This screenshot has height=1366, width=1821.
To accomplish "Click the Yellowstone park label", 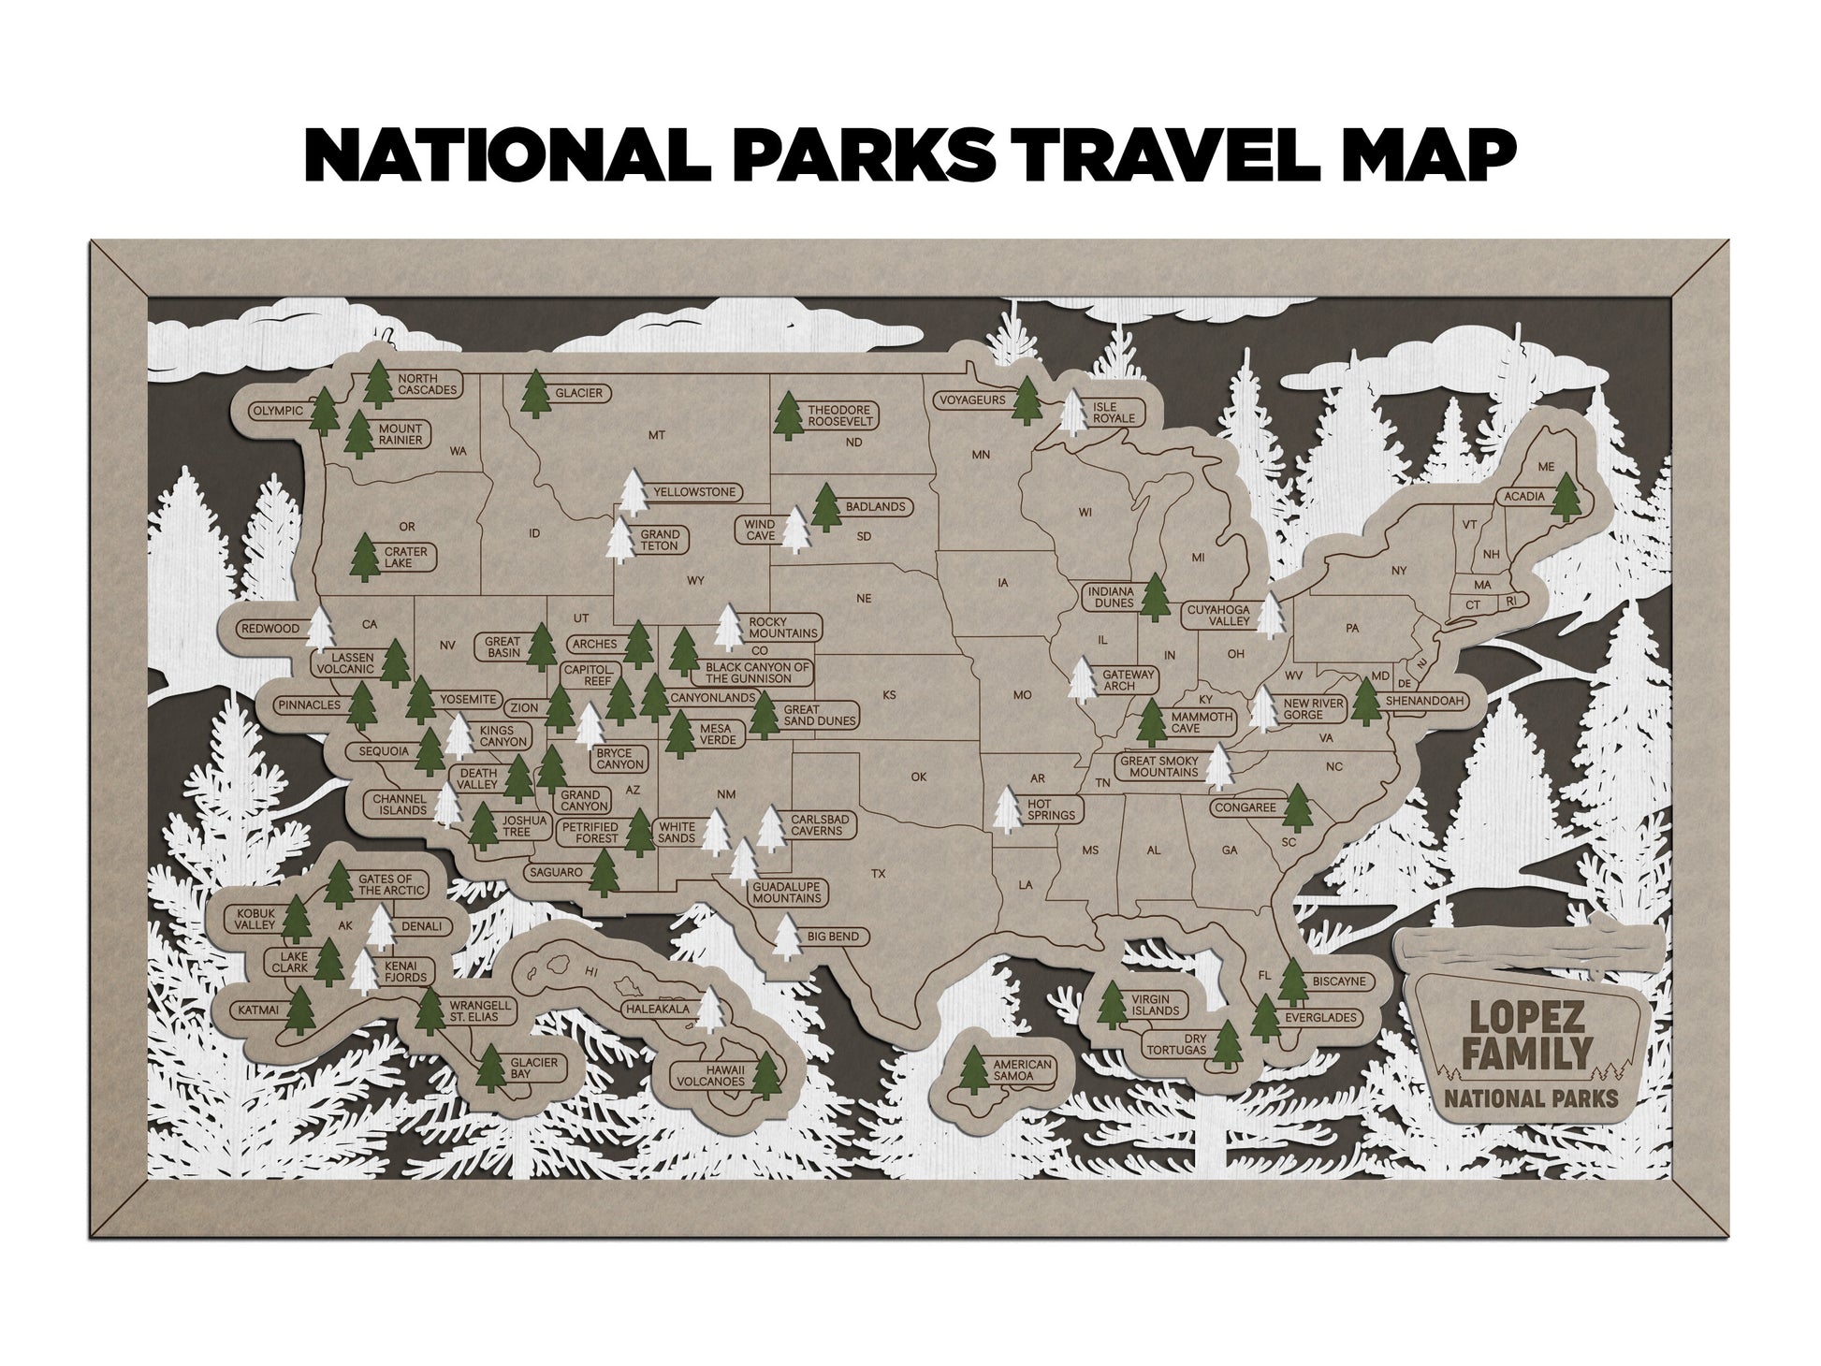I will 694,492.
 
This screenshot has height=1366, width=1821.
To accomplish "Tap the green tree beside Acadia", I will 1566,497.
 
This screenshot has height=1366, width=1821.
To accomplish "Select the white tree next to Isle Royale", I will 1074,413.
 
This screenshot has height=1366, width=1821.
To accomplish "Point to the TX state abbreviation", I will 878,874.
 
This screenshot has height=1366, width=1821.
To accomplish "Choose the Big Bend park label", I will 832,937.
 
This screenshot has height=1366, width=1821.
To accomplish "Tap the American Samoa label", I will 1022,1070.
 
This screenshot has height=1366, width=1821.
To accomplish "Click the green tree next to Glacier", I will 536,394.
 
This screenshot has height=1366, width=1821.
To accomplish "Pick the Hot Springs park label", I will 1051,809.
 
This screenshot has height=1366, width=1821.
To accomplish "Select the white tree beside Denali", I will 380,928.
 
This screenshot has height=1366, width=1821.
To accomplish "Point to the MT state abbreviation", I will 656,435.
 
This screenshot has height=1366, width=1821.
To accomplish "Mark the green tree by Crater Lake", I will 365,558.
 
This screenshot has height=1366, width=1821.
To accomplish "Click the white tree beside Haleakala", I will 713,1010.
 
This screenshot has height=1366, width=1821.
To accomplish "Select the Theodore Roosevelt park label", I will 838,415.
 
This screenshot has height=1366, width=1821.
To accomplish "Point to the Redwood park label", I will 270,629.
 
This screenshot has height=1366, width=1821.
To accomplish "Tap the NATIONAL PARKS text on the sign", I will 1531,1097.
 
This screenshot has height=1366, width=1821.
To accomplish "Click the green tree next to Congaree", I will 1297,807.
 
